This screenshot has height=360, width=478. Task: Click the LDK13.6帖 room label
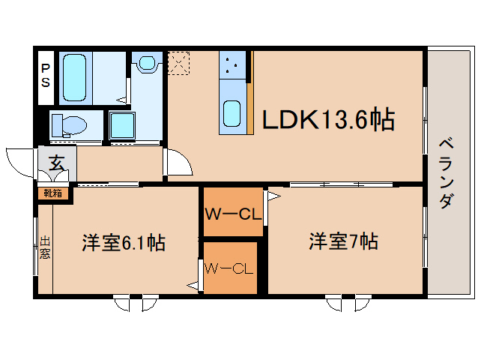point(328,119)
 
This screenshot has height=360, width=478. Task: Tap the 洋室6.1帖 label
point(124,243)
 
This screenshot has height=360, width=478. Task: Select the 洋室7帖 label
point(343,241)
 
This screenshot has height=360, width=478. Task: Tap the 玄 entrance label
point(56,161)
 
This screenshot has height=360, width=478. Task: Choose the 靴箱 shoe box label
point(52,193)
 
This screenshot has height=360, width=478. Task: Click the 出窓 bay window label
point(45,247)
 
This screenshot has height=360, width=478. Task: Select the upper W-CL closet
point(232,214)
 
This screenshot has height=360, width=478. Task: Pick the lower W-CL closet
point(231,268)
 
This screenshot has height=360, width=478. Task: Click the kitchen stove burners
point(233,66)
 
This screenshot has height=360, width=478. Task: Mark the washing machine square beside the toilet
point(123,125)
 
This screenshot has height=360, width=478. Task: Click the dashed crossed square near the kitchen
point(180,63)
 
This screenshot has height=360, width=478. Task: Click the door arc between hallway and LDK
point(178,161)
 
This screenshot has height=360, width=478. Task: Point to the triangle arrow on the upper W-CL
point(273,197)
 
